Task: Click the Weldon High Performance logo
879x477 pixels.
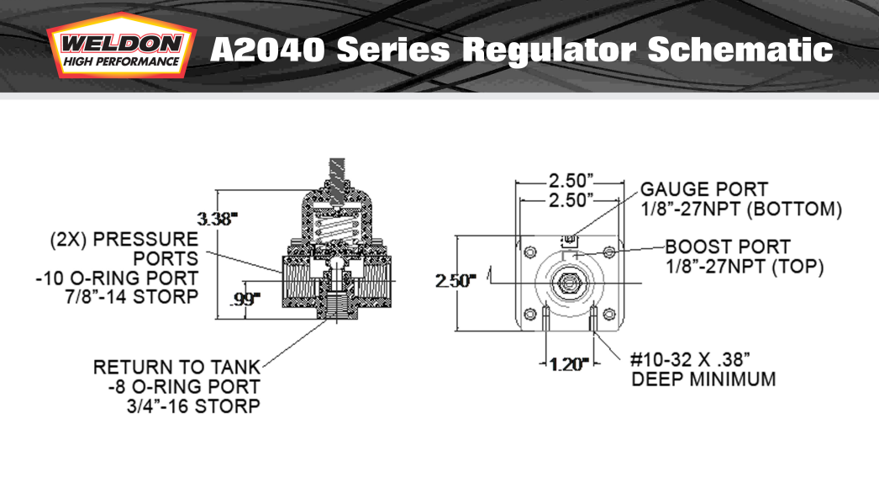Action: coord(122,46)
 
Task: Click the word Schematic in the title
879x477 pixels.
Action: coord(740,50)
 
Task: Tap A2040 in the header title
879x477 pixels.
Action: coord(267,50)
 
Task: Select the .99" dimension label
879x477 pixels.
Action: coord(245,299)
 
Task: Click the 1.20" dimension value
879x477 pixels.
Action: coord(569,365)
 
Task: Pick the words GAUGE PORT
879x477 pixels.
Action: coord(704,189)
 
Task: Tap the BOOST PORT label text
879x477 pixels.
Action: coord(728,246)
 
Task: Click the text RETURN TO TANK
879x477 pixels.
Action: coord(176,367)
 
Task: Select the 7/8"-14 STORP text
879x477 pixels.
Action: coord(132,296)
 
